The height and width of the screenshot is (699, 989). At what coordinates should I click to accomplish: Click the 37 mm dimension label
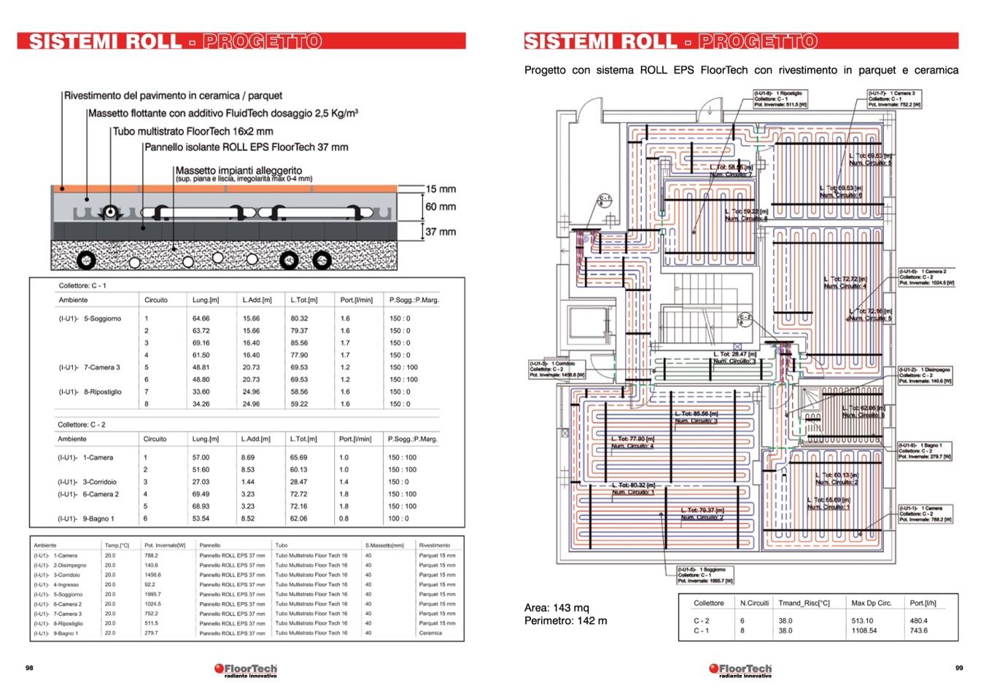click(x=441, y=232)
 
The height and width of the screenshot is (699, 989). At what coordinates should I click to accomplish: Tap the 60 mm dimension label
click(x=441, y=207)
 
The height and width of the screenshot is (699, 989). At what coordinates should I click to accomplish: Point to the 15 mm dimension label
click(x=441, y=189)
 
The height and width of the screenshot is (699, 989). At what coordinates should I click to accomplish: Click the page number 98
click(x=29, y=668)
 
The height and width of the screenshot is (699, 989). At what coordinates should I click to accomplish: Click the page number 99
click(x=959, y=668)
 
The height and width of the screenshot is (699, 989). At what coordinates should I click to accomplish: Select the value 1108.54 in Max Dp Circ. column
click(x=864, y=630)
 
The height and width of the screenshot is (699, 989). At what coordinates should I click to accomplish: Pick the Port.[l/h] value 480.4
click(x=919, y=621)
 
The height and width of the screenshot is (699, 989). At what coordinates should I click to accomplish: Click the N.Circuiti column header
click(x=754, y=603)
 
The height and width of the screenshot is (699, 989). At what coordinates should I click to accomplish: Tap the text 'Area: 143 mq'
click(x=556, y=608)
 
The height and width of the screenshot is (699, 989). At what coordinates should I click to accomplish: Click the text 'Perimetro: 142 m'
click(x=565, y=621)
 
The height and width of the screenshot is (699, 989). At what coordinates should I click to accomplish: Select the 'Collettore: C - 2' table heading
click(x=82, y=424)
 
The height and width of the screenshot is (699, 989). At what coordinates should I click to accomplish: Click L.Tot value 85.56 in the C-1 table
click(x=299, y=343)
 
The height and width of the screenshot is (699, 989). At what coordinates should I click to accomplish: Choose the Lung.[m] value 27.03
click(x=201, y=482)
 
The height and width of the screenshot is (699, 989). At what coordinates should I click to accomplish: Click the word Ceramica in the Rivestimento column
click(x=430, y=633)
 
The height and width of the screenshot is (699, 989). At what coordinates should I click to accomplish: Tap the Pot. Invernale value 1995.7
click(x=153, y=594)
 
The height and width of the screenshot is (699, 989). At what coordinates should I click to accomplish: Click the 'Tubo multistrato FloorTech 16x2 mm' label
click(x=193, y=132)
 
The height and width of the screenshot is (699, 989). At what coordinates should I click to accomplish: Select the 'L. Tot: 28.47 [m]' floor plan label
click(x=734, y=354)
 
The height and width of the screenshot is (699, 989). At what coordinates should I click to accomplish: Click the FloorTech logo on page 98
click(x=246, y=669)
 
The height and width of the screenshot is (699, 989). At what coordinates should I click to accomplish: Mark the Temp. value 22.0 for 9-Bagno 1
click(x=109, y=633)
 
